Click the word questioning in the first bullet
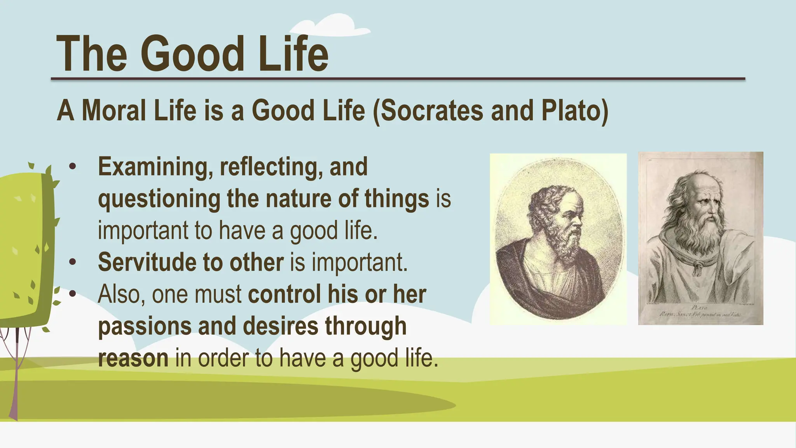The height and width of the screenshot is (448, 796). point(159,199)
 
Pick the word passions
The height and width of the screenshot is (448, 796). point(145,326)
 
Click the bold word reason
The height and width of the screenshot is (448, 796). point(133,358)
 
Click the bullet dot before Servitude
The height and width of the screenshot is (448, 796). point(73,262)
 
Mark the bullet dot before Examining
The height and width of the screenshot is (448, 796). point(73,167)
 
